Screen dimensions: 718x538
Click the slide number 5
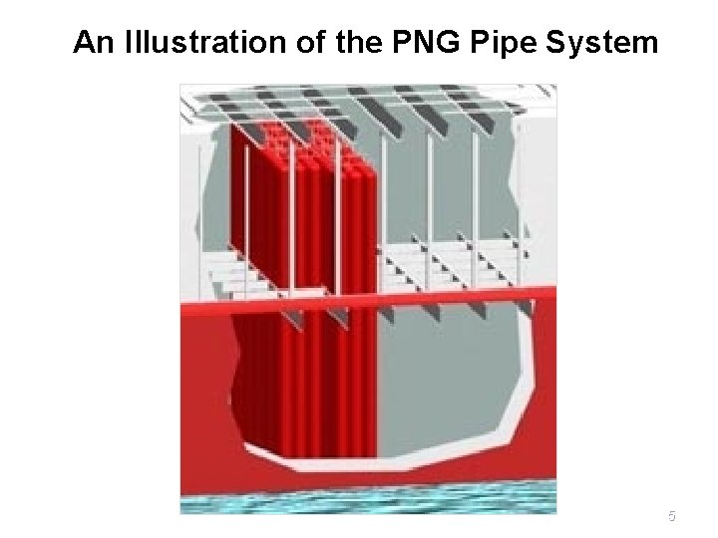point(671,516)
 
